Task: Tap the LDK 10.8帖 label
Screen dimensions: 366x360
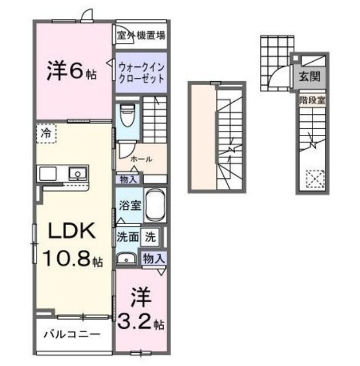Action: coord(72,245)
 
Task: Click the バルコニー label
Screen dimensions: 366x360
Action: coord(73,333)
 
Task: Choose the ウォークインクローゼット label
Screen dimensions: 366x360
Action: coord(141,72)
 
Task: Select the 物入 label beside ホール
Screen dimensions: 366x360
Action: coord(129,179)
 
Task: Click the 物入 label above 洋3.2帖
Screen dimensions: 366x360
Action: coord(153,258)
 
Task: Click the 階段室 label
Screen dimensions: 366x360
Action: coord(312,100)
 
